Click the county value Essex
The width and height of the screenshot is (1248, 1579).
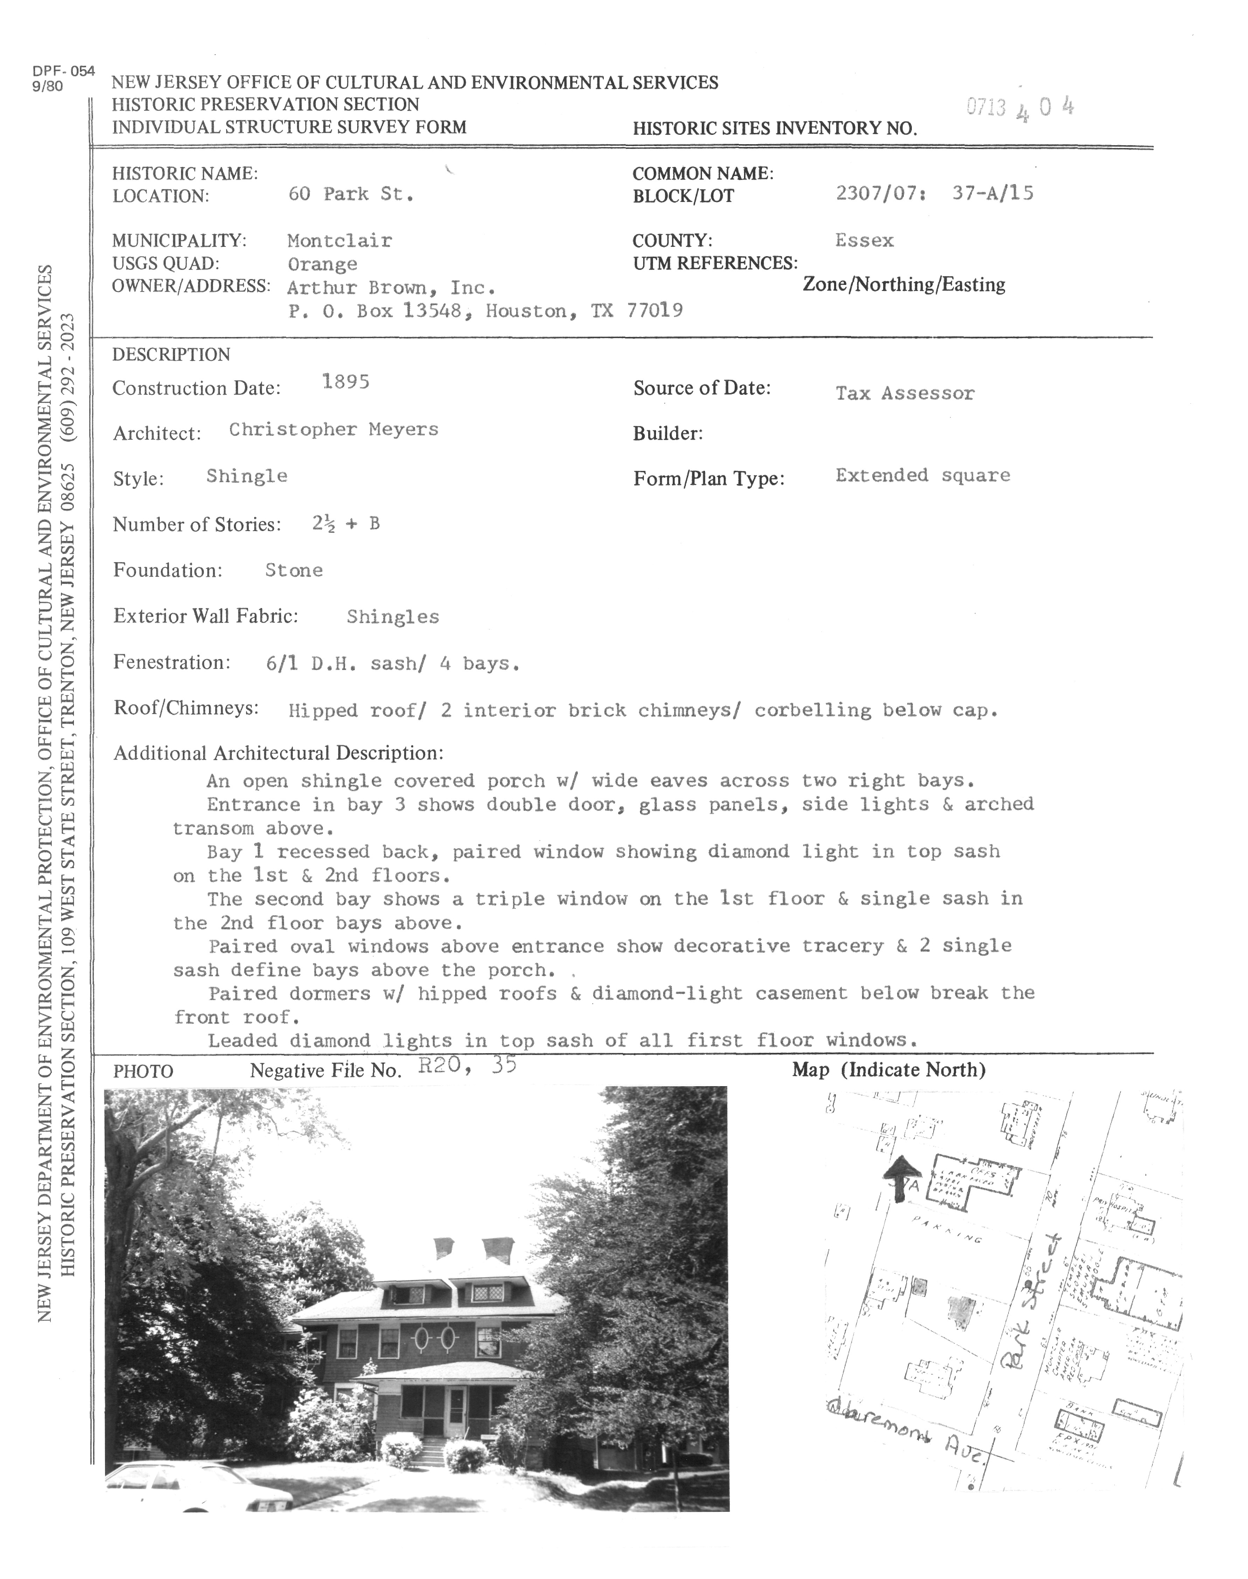(x=865, y=240)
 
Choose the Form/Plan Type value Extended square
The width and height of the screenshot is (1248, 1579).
(x=923, y=475)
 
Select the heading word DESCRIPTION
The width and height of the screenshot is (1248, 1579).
(x=171, y=355)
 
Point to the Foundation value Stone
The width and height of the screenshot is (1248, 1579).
(x=294, y=571)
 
